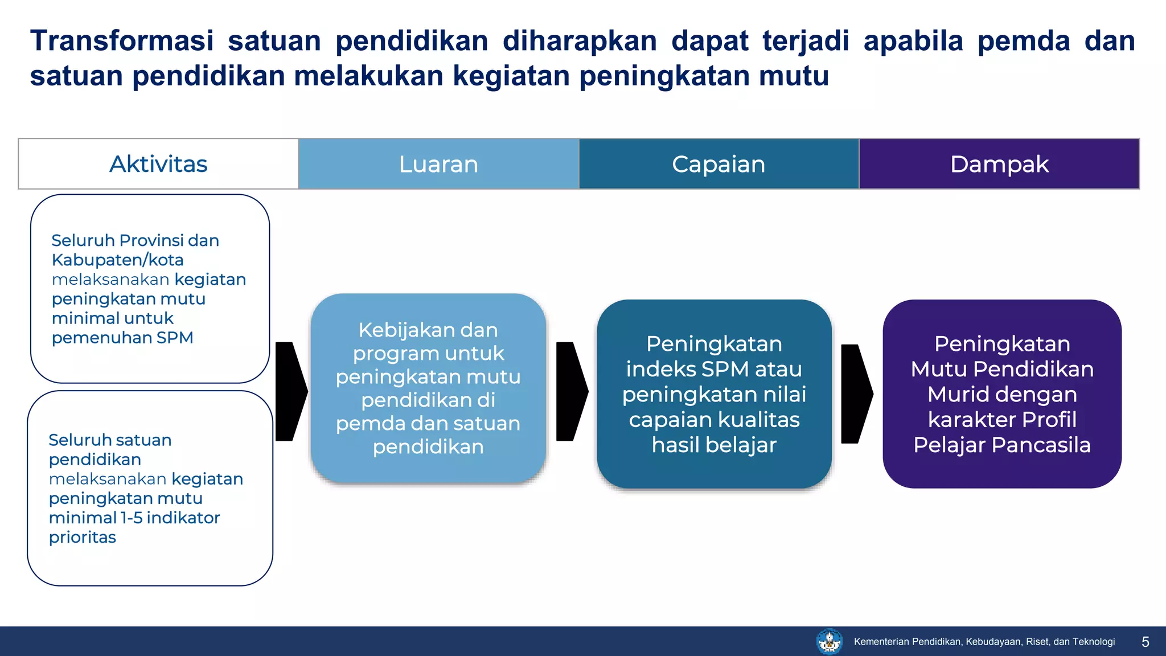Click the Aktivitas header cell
158,164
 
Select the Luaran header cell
438,164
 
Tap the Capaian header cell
719,164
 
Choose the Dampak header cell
999,164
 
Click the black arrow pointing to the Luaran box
290,391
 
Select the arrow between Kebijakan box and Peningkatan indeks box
571,391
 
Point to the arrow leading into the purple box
856,393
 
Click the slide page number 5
1145,642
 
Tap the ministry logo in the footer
830,641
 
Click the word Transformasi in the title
122,41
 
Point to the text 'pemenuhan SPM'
122,338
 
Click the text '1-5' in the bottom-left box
131,518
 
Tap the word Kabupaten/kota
117,260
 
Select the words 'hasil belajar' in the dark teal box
714,445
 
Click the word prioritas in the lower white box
83,537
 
